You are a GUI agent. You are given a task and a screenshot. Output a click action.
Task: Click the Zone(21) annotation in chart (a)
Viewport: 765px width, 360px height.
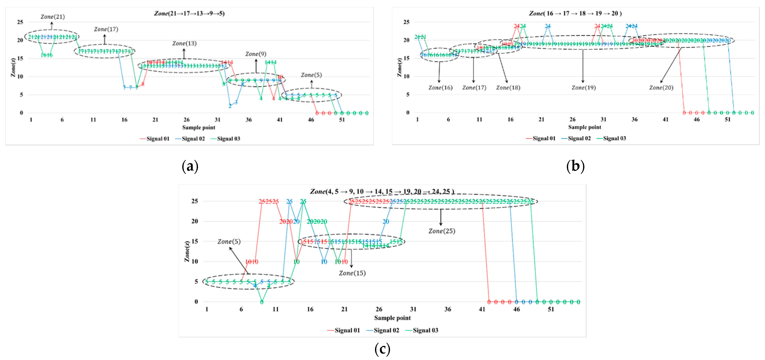(53, 17)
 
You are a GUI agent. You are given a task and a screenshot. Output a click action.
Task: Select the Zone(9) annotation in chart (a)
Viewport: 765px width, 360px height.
(256, 54)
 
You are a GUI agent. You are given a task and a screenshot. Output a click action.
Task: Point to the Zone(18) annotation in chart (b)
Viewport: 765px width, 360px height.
(508, 88)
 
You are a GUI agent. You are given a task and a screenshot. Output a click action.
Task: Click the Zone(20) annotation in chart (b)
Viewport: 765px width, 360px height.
(661, 88)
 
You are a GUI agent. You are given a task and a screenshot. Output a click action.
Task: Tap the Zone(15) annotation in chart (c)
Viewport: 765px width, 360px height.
(352, 273)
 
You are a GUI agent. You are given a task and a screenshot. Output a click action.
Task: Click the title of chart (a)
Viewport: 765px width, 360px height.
(189, 13)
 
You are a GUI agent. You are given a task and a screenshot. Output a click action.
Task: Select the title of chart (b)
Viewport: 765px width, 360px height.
(575, 13)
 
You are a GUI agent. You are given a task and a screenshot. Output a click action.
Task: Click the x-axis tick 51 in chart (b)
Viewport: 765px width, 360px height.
(727, 119)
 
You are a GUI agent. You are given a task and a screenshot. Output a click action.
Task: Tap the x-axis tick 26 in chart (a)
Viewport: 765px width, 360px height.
(186, 120)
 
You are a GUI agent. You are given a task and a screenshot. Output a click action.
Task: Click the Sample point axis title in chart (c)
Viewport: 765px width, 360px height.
(392, 318)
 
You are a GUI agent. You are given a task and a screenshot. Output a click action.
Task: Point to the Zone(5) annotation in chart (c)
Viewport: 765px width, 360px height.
(229, 241)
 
